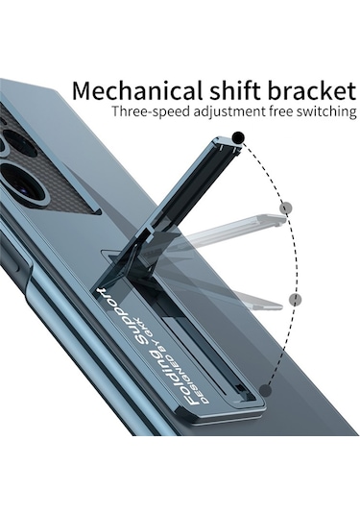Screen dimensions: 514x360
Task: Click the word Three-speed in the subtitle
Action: [x=147, y=113]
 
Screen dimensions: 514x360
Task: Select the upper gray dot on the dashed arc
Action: [x=285, y=207]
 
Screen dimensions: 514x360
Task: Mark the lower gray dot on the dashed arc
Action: [x=296, y=299]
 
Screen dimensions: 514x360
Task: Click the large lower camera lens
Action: [x=17, y=182]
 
